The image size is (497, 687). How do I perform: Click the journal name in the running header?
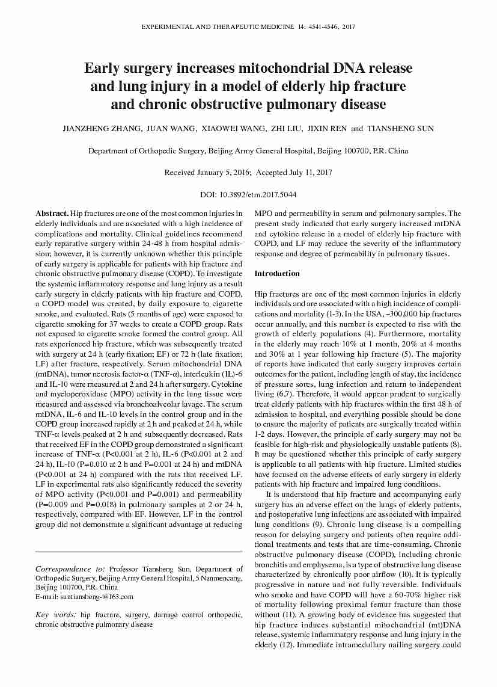[217, 28]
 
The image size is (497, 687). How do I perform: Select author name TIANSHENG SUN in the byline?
[401, 129]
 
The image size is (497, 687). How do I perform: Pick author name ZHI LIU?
[286, 129]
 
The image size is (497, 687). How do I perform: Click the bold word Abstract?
[52, 214]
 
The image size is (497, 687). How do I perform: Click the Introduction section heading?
[276, 274]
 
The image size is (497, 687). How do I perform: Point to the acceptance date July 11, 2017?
[311, 173]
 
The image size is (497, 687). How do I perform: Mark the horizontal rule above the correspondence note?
[139, 552]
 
